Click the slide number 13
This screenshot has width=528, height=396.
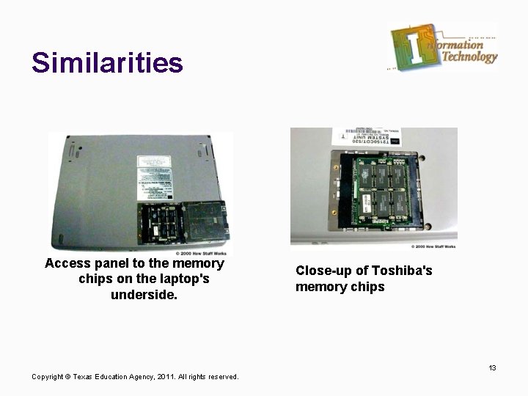pos(493,367)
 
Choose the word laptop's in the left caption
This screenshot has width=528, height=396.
pos(183,279)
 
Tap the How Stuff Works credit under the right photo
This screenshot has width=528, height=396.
pos(433,246)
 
